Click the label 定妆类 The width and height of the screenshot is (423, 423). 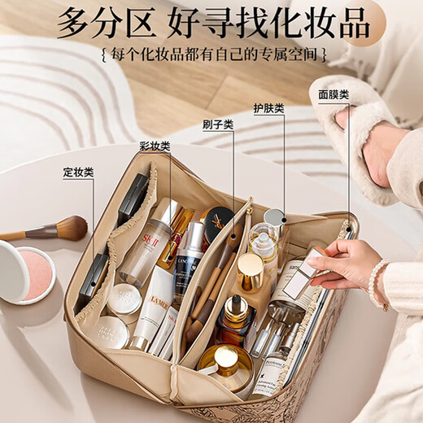[78, 172]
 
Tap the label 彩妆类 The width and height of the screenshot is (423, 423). [154, 146]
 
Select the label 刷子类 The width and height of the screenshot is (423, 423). [217, 124]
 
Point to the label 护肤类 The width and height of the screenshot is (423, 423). [268, 108]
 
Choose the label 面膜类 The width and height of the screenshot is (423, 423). [334, 94]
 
